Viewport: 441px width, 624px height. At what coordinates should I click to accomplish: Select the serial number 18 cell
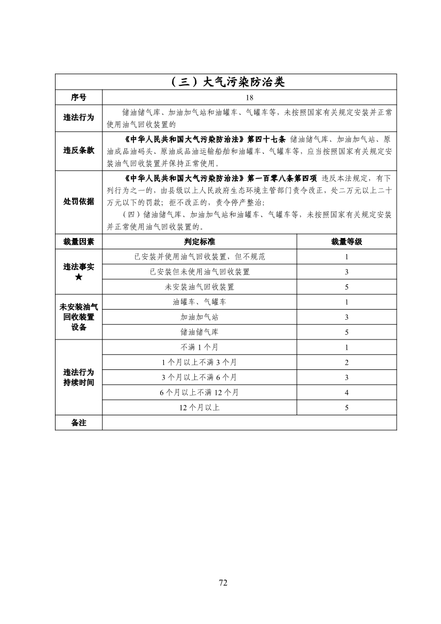(249, 97)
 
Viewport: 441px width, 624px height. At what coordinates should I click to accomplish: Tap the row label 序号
(78, 97)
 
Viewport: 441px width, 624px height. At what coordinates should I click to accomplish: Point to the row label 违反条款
(78, 151)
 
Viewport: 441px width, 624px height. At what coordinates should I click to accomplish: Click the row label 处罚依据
(78, 201)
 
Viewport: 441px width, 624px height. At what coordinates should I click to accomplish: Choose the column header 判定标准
(199, 242)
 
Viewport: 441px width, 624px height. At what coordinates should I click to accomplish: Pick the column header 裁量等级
(346, 242)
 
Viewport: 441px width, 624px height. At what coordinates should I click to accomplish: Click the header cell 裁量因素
(78, 242)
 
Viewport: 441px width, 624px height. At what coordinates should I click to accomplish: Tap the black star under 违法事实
(78, 277)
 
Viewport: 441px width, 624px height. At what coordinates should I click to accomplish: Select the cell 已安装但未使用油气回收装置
(199, 272)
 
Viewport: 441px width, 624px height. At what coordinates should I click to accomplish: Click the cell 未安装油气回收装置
(199, 287)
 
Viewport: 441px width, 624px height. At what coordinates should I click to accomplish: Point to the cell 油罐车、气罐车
(199, 302)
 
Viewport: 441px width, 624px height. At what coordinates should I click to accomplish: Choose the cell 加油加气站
(199, 317)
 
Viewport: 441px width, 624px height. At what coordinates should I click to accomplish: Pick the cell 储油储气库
(199, 332)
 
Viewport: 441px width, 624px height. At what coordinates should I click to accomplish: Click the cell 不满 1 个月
(199, 347)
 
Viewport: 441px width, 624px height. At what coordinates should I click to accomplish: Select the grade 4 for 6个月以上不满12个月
(346, 392)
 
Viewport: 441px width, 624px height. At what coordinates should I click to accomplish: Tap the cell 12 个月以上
(199, 408)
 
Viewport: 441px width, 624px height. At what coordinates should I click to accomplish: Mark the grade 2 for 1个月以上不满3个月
(346, 362)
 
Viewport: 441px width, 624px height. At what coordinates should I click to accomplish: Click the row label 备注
(78, 423)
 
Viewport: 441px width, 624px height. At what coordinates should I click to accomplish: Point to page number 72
(223, 582)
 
